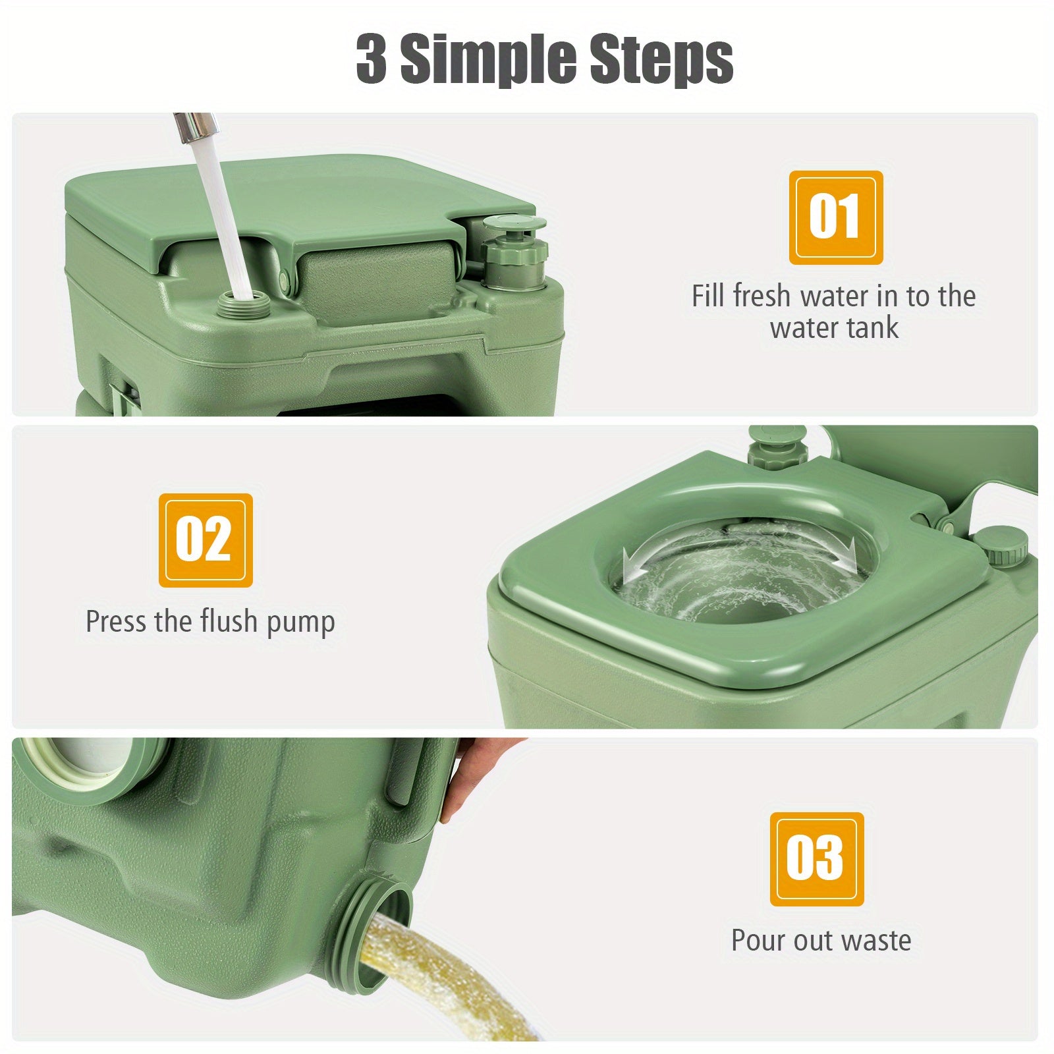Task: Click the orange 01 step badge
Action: click(836, 217)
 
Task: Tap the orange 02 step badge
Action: click(206, 540)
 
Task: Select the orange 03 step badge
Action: click(817, 859)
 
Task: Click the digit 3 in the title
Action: click(372, 59)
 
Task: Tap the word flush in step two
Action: click(229, 621)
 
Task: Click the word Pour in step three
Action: click(758, 940)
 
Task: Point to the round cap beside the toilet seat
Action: click(1001, 546)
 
